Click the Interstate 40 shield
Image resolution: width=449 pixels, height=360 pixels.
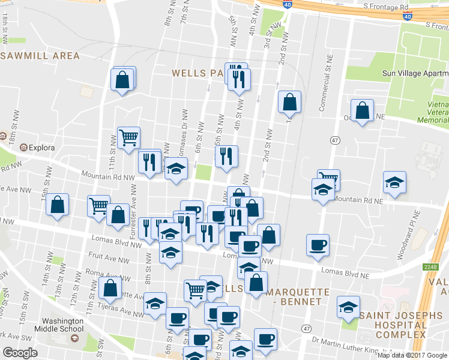tap(289, 5)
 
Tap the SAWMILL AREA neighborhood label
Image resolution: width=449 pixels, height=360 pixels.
tap(40, 56)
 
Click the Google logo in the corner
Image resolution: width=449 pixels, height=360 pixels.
tap(20, 353)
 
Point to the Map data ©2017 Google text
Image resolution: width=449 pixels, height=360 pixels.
tap(412, 355)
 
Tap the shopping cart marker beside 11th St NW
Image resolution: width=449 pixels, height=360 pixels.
tap(128, 138)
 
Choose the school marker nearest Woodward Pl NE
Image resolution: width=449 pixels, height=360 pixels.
tap(394, 182)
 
